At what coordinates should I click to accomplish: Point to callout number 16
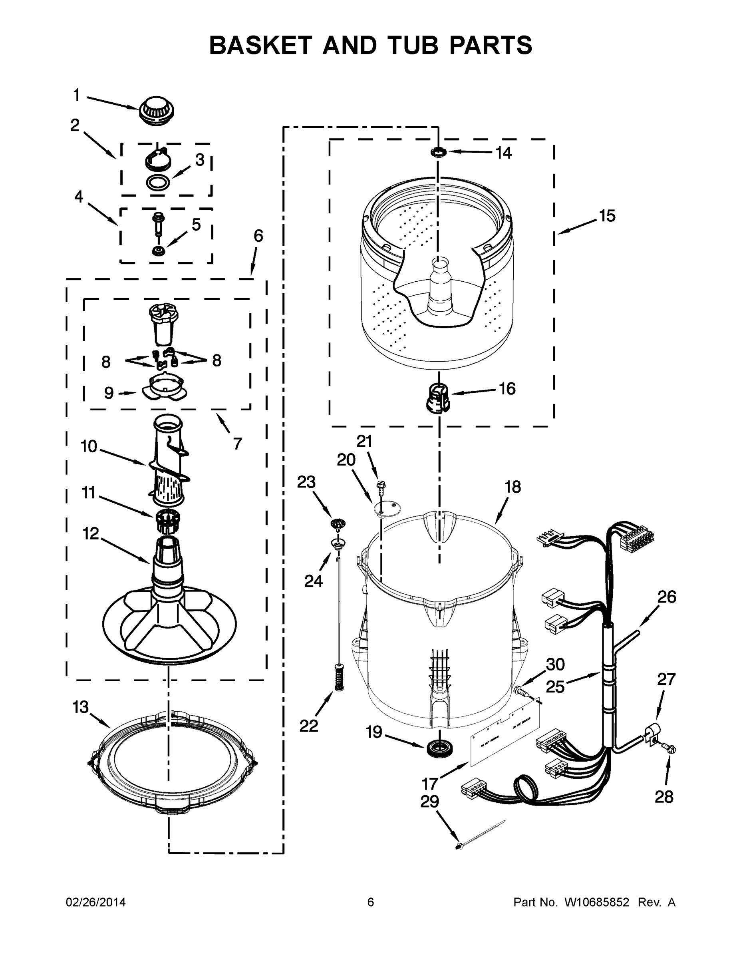507,389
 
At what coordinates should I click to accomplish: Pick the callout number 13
81,707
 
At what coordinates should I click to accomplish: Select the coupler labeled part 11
168,520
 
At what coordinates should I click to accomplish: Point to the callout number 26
666,597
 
